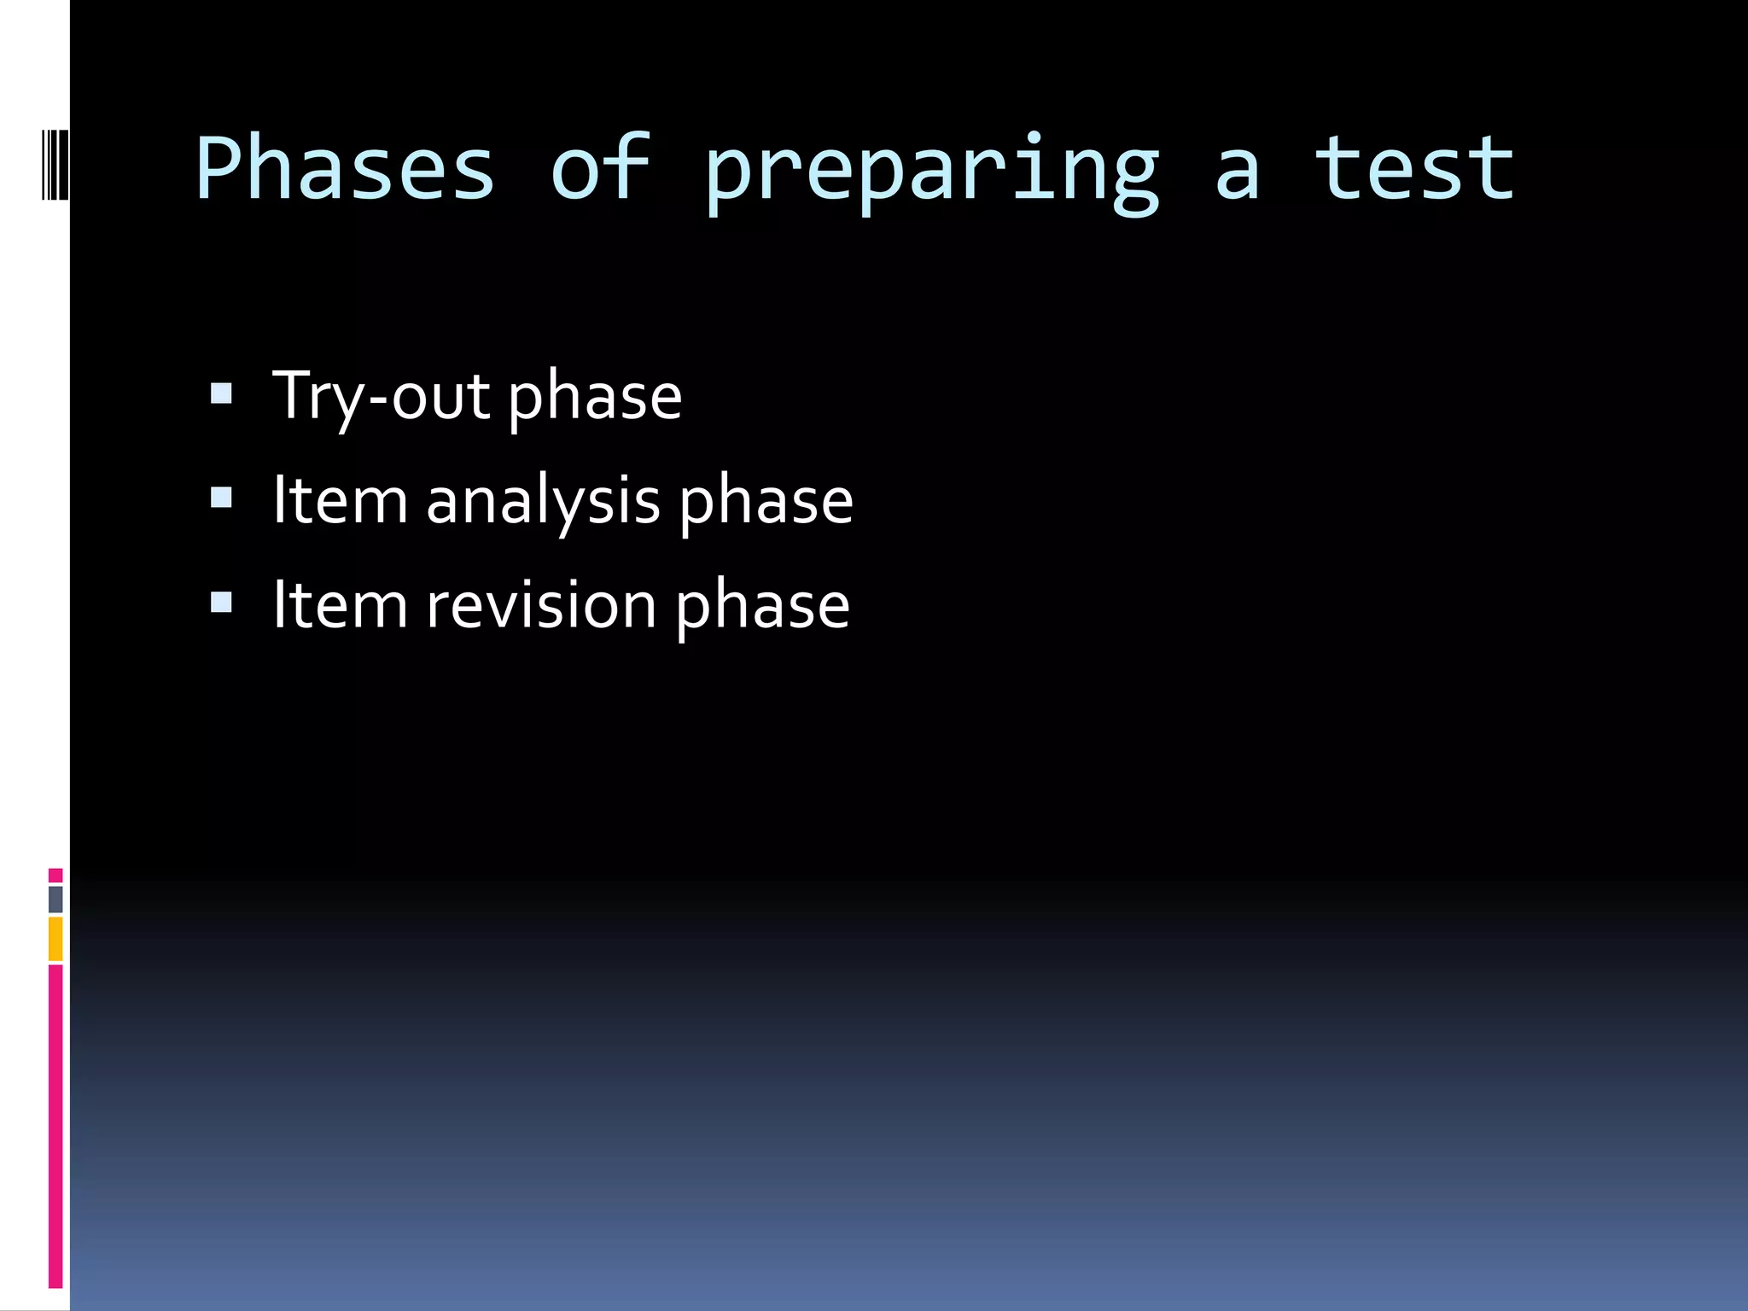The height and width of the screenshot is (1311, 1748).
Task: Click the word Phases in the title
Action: coord(345,168)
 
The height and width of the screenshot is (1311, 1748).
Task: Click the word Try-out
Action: coord(381,397)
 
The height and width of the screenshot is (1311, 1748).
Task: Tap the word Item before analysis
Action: coord(340,501)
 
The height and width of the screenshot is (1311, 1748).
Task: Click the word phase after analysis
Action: coord(766,504)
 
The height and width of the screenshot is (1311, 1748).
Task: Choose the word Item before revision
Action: coord(340,605)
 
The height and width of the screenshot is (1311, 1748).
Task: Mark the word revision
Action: coord(541,605)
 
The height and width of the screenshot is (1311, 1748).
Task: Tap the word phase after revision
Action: coord(762,608)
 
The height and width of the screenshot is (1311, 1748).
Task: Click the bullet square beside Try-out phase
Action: coord(221,393)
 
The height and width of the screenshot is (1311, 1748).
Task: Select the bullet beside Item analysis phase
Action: coord(221,498)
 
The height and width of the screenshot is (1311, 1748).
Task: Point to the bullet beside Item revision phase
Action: coord(221,603)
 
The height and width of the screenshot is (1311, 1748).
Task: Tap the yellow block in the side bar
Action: coord(55,939)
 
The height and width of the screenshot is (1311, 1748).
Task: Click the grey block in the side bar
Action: coord(55,899)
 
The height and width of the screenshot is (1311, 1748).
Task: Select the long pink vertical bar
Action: coord(55,1125)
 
